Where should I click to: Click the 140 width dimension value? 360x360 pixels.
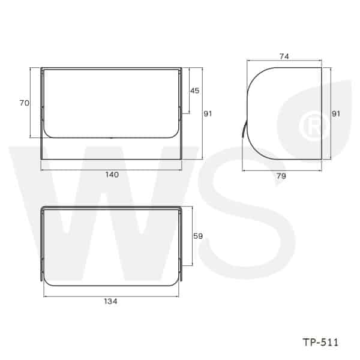pos(112,175)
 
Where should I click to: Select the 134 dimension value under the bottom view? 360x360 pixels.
pos(110,301)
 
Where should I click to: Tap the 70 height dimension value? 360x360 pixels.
pos(24,103)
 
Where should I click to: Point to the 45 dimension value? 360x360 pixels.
pos(194,91)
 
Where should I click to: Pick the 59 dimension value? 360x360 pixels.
pos(198,236)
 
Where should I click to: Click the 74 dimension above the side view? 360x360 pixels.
pos(284,56)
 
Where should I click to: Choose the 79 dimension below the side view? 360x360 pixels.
pos(281,176)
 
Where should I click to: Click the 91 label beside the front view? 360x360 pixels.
pos(208,113)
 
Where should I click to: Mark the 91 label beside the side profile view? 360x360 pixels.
pos(336,113)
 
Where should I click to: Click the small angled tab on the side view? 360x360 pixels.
pos(244,130)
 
